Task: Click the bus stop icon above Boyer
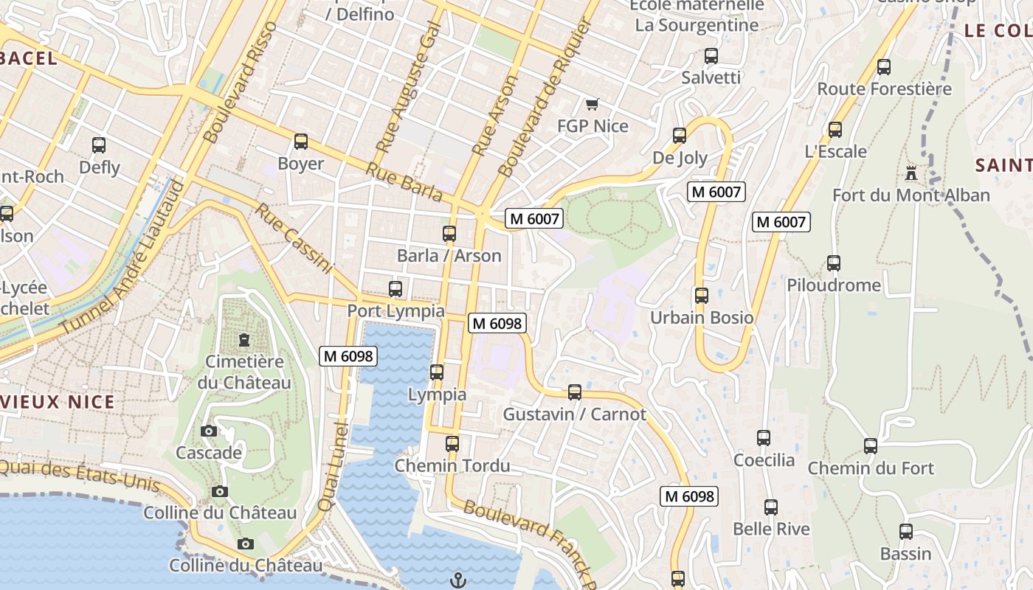pos(301,142)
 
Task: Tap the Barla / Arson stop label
pos(449,256)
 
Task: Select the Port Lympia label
pos(395,310)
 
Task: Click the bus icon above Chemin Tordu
pos(452,444)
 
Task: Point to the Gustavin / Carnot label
pos(574,414)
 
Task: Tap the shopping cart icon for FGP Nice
pos(592,104)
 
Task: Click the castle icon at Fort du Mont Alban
pos(911,173)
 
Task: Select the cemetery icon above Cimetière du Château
pos(243,340)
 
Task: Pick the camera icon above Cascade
pos(209,431)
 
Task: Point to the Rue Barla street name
pos(404,182)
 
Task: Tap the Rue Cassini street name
pos(294,239)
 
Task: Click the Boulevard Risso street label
pos(241,82)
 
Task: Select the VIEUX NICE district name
pos(58,402)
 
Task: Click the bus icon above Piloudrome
pos(834,263)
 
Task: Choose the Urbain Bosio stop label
pos(701,318)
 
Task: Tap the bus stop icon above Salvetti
pos(711,56)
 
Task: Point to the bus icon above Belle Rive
pos(771,507)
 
